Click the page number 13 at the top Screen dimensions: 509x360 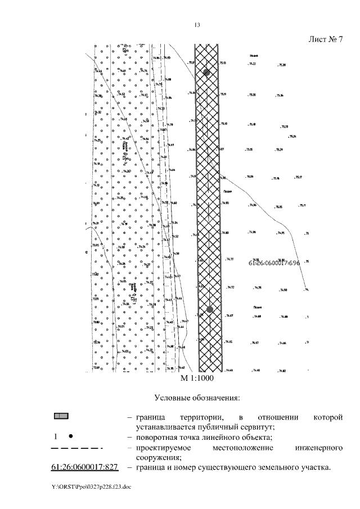(197, 25)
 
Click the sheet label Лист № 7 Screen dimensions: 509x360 (326, 39)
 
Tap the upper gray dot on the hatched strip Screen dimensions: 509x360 (207, 73)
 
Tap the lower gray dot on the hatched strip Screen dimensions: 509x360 (209, 309)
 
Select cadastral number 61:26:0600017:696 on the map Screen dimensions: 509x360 (278, 263)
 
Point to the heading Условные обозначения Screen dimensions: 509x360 (197, 398)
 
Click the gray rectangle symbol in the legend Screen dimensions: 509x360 (61, 417)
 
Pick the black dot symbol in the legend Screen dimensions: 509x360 (70, 436)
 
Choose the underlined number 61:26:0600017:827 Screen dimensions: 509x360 (80, 468)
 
